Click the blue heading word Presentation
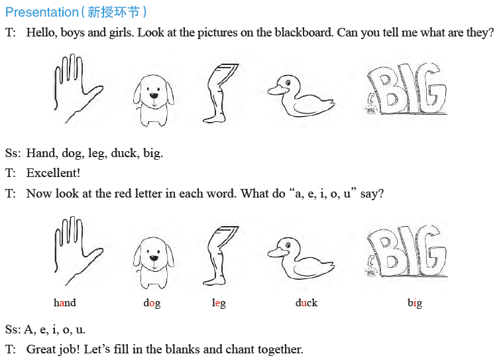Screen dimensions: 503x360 [42, 13]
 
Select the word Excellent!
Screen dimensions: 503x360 [53, 173]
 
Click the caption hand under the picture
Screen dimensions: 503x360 [65, 302]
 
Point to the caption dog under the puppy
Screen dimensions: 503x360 [152, 303]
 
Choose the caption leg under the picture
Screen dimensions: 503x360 [219, 303]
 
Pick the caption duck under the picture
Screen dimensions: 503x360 [306, 302]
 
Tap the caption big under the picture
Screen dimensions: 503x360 [415, 303]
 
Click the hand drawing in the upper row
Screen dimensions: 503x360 [77, 88]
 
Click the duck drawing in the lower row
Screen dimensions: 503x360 [300, 258]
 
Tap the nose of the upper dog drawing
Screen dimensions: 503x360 [154, 95]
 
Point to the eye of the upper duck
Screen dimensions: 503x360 [288, 83]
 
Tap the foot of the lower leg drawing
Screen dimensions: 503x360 [214, 281]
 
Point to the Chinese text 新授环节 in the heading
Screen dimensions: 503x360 [113, 13]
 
